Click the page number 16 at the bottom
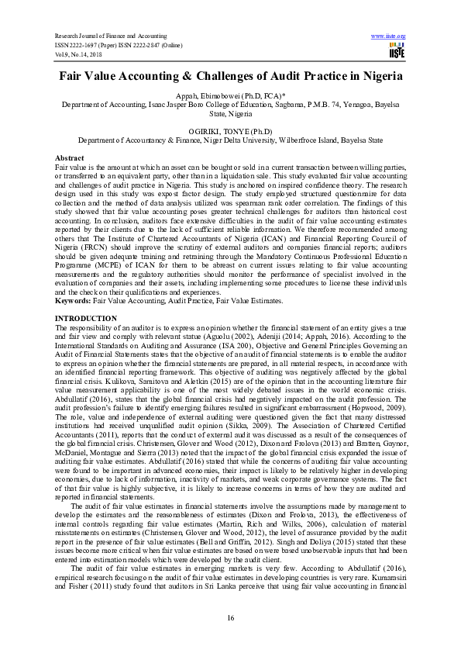point(230,617)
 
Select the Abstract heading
point(72,157)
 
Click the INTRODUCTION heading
point(86,319)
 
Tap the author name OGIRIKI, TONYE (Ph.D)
point(230,132)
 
